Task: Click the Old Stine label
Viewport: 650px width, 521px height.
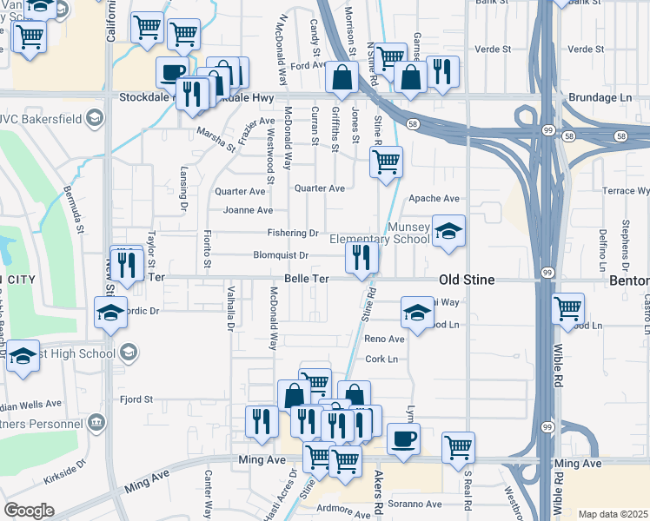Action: click(468, 280)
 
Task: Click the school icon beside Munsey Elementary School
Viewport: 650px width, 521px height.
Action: click(448, 231)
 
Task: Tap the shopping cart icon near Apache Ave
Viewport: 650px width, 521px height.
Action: click(386, 162)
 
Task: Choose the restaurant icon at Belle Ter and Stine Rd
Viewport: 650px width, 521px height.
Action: click(361, 257)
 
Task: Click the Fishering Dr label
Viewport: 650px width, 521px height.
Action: click(292, 233)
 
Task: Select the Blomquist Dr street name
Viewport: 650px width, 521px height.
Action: click(281, 255)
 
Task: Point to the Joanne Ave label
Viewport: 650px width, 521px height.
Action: click(248, 210)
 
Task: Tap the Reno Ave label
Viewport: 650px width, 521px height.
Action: click(384, 339)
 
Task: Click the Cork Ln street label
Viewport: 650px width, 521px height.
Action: click(381, 359)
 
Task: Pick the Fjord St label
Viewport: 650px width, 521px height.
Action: click(136, 399)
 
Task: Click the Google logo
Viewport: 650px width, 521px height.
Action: click(29, 511)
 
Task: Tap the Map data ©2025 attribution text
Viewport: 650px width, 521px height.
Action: click(612, 514)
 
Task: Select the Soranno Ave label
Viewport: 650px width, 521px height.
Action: click(415, 504)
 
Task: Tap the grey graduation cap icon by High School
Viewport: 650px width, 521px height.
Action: click(129, 352)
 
